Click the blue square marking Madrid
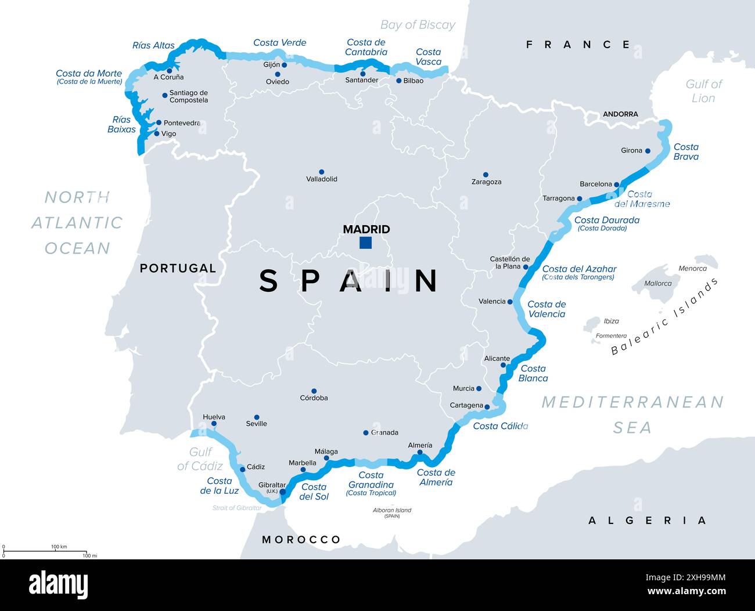(365, 243)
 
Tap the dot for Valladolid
(322, 172)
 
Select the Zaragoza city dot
(486, 175)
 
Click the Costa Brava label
(686, 152)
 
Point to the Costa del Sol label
(314, 491)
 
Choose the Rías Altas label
(153, 45)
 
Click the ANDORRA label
(620, 114)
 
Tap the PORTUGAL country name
(178, 268)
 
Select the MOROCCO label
(301, 540)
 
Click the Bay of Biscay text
(418, 25)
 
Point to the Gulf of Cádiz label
(200, 458)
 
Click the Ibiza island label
(611, 321)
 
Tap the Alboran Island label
(391, 511)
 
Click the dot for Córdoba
(314, 391)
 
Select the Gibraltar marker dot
(283, 492)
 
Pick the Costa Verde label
(279, 42)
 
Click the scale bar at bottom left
(45, 551)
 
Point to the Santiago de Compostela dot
(165, 95)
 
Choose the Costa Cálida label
(500, 426)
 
